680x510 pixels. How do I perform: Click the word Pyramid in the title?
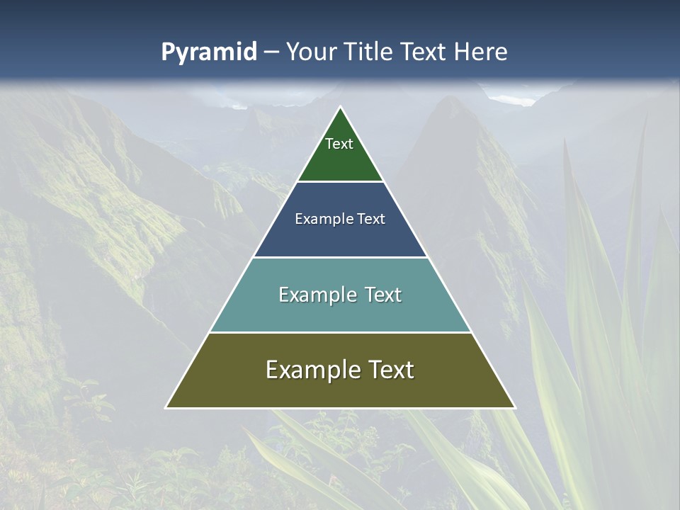[209, 52]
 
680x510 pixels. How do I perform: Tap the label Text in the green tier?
[339, 144]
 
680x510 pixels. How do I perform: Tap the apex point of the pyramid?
[340, 108]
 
